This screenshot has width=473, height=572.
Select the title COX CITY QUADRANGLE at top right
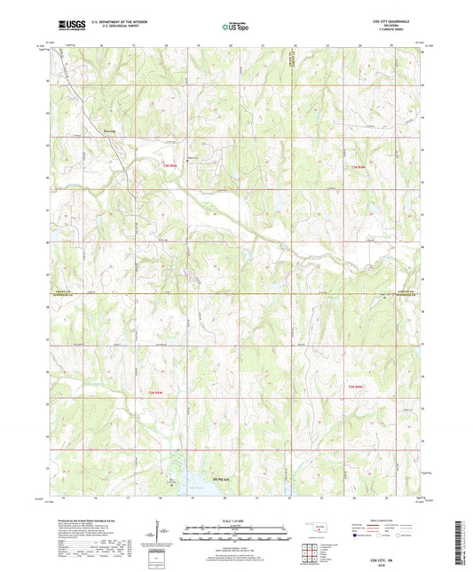pyautogui.click(x=391, y=20)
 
